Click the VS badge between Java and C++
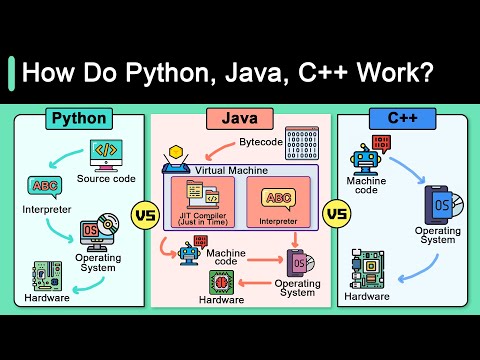pyautogui.click(x=337, y=213)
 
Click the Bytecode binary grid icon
pyautogui.click(x=301, y=146)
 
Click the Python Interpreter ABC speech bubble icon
pyautogui.click(x=46, y=188)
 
